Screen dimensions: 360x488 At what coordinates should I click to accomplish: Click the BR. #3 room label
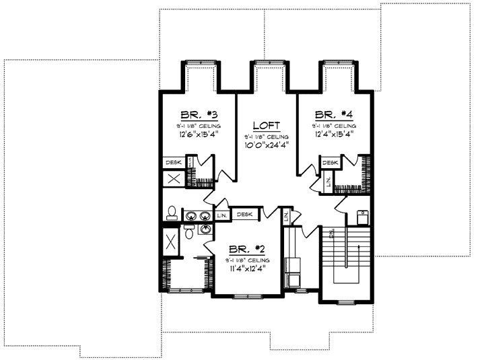coord(198,114)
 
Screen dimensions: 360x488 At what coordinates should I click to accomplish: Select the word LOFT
coord(266,125)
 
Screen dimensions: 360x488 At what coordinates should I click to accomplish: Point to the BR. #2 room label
coord(248,248)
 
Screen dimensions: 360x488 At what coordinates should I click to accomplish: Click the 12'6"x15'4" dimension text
coord(199,135)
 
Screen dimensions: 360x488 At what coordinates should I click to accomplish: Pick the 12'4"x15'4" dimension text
coord(333,135)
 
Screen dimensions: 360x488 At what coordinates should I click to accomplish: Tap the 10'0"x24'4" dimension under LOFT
coord(266,145)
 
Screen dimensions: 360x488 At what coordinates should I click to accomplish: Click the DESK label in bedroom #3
coord(174,162)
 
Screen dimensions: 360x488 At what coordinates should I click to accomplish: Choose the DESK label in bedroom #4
coord(330,162)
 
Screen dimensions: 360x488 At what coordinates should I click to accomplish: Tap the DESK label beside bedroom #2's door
coord(244,215)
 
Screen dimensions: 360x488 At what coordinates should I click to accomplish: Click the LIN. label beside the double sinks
coord(223,215)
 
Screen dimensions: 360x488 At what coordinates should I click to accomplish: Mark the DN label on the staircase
coord(332,233)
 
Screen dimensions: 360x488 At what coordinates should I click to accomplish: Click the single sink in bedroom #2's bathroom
coord(205,229)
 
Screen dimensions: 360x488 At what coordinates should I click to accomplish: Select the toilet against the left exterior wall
coord(172,213)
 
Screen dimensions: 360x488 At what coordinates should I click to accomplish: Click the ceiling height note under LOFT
coord(266,136)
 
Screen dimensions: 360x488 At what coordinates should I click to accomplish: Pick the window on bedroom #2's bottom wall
coord(247,295)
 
